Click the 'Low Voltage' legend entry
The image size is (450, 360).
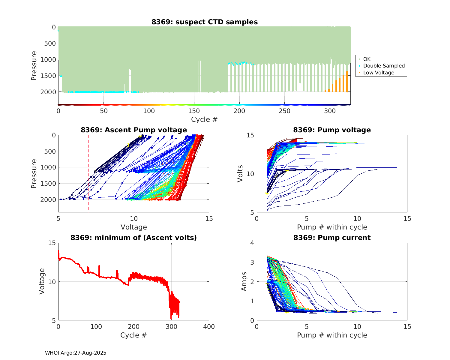tap(379, 73)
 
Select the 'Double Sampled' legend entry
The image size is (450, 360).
tap(384, 66)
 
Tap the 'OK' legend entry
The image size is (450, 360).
tap(367, 59)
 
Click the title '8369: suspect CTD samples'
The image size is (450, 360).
tap(204, 22)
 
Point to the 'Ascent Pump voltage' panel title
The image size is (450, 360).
tap(133, 130)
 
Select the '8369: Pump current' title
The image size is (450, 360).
tap(332, 238)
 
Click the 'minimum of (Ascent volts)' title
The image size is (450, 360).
tap(133, 238)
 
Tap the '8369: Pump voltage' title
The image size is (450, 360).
tap(332, 130)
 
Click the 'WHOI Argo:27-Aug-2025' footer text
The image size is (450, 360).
tap(76, 353)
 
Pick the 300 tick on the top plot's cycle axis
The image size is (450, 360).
tap(330, 111)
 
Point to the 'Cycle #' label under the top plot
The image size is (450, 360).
tap(204, 119)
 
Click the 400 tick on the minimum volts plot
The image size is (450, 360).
tap(209, 327)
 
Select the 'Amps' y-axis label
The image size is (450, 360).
tap(244, 281)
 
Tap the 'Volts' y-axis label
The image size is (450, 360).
tap(240, 174)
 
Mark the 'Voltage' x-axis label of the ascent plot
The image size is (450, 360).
tap(133, 227)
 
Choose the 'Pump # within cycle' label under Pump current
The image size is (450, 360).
tap(332, 335)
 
